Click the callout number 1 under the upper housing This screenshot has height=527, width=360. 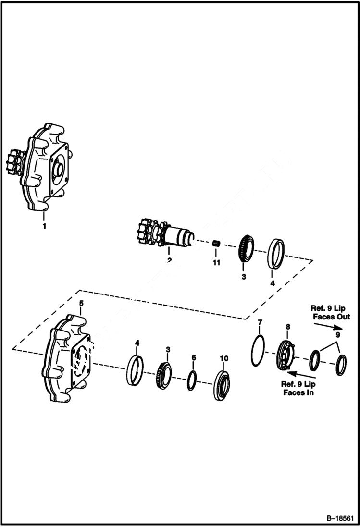click(44, 226)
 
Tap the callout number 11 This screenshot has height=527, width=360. click(216, 262)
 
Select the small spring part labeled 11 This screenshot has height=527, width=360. click(216, 244)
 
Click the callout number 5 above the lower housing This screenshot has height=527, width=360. click(81, 303)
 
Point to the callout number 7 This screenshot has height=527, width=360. click(260, 321)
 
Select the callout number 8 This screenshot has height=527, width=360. click(287, 327)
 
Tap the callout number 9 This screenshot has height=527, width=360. click(338, 334)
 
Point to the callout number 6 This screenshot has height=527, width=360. click(193, 358)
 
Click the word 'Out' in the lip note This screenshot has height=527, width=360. click(343, 317)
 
